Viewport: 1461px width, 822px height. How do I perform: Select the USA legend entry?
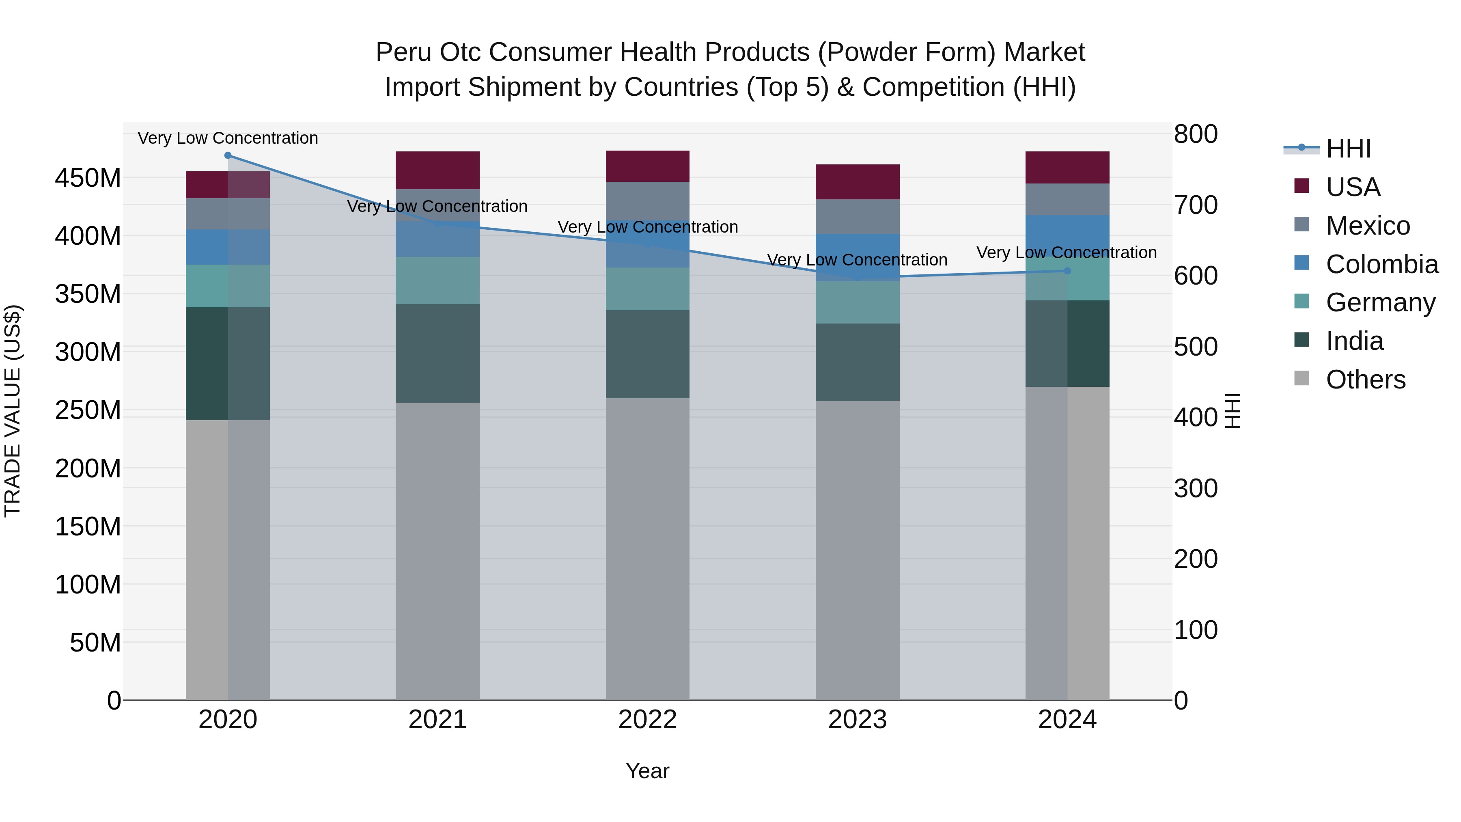1353,187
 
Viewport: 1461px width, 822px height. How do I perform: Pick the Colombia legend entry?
1381,264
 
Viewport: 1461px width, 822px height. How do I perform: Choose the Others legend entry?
1365,380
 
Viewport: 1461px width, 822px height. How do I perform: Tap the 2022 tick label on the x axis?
647,720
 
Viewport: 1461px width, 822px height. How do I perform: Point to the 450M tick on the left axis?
88,178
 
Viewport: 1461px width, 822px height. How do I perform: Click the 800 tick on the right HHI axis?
1196,134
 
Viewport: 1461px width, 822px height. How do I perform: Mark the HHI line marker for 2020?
228,155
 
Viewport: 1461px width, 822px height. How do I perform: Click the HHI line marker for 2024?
1067,271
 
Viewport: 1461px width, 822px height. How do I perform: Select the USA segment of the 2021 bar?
437,170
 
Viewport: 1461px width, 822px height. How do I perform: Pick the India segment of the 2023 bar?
857,362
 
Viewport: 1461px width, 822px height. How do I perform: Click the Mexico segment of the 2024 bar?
1067,199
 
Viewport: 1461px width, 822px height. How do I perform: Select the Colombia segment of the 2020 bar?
228,247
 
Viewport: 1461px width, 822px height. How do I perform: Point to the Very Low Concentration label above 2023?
857,260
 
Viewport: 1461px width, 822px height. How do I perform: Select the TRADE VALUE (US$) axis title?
13,411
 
